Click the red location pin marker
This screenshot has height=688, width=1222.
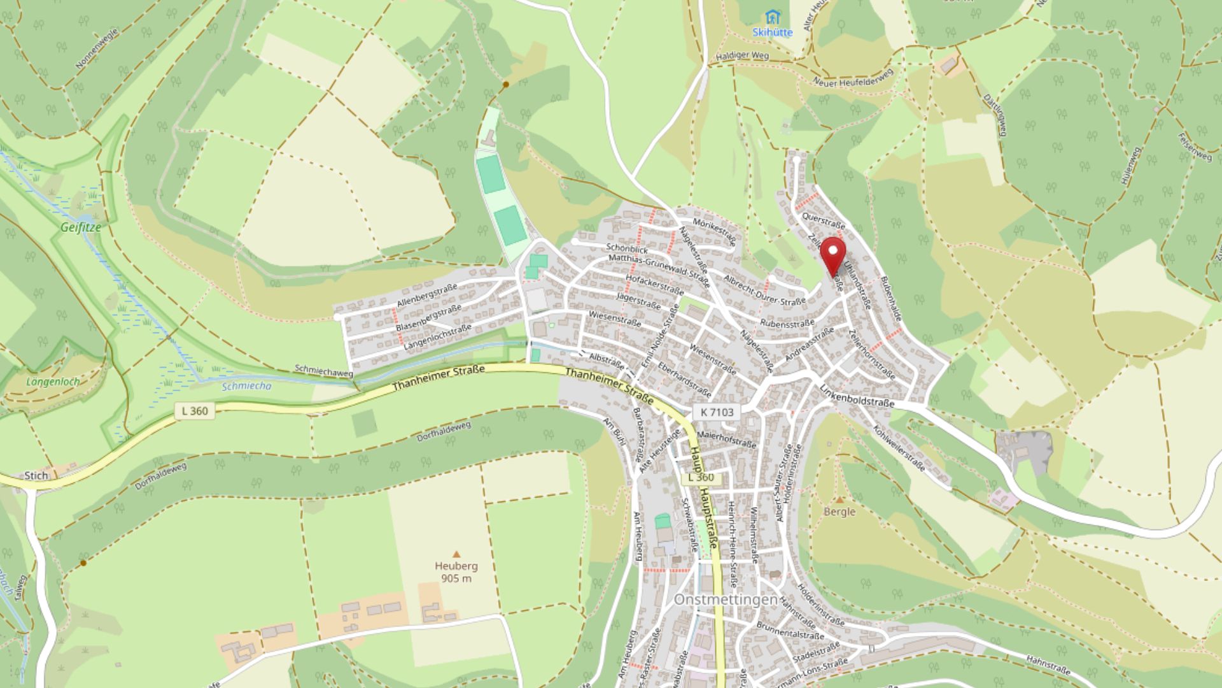point(832,253)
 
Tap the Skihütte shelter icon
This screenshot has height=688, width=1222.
point(773,17)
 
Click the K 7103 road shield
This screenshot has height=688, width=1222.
point(717,412)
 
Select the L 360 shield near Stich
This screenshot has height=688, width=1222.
point(195,411)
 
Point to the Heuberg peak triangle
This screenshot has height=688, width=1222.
point(456,554)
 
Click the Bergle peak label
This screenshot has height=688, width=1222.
point(839,512)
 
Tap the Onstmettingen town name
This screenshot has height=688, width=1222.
point(726,600)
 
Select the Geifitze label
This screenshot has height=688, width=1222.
point(81,227)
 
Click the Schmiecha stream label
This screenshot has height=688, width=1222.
point(246,386)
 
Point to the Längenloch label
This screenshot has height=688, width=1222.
point(53,382)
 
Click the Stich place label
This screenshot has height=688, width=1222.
point(36,475)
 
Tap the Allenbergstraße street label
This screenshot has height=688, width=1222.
point(426,296)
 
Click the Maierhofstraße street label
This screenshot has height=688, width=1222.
point(726,439)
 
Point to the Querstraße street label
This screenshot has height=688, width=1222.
point(824,221)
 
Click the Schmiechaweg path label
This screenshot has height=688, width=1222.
point(323,371)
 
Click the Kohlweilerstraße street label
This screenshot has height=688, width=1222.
point(899,448)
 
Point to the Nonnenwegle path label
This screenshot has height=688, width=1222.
point(97,48)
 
